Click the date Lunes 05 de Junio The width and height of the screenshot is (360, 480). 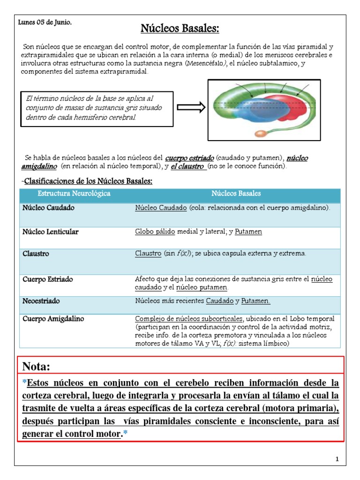[x=45, y=22]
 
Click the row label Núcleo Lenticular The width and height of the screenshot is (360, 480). [x=51, y=232]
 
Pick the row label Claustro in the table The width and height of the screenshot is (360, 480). [x=36, y=254]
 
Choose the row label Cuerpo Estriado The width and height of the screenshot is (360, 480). [x=47, y=279]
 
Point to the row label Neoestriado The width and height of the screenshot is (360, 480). [x=41, y=300]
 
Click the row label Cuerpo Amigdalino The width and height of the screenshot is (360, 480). [x=53, y=319]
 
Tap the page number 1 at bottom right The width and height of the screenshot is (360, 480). [x=337, y=459]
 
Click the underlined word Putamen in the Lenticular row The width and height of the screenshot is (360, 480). [x=248, y=232]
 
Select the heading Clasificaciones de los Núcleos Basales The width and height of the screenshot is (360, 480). [x=88, y=181]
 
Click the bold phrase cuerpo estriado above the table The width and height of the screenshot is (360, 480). [x=190, y=158]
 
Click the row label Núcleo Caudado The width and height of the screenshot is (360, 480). [x=48, y=208]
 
